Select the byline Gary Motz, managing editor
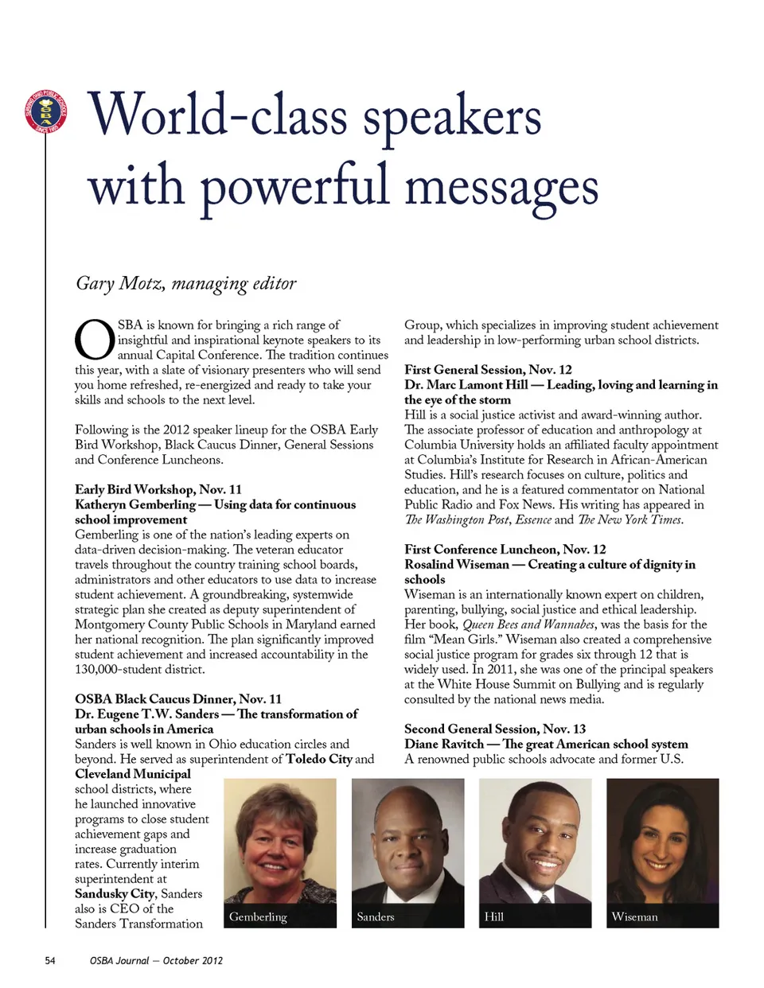[185, 283]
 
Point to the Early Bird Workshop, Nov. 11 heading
[158, 489]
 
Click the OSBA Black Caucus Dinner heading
[178, 698]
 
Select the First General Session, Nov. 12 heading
[488, 369]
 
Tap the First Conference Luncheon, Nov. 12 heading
[505, 549]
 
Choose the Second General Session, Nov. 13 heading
[494, 729]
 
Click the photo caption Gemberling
[258, 916]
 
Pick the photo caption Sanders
[376, 916]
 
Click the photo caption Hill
[493, 916]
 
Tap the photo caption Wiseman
[634, 916]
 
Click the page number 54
[50, 960]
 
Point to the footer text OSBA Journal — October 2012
[156, 960]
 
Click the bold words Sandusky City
[115, 893]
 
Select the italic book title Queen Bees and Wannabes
[528, 624]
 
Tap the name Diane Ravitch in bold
[443, 744]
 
